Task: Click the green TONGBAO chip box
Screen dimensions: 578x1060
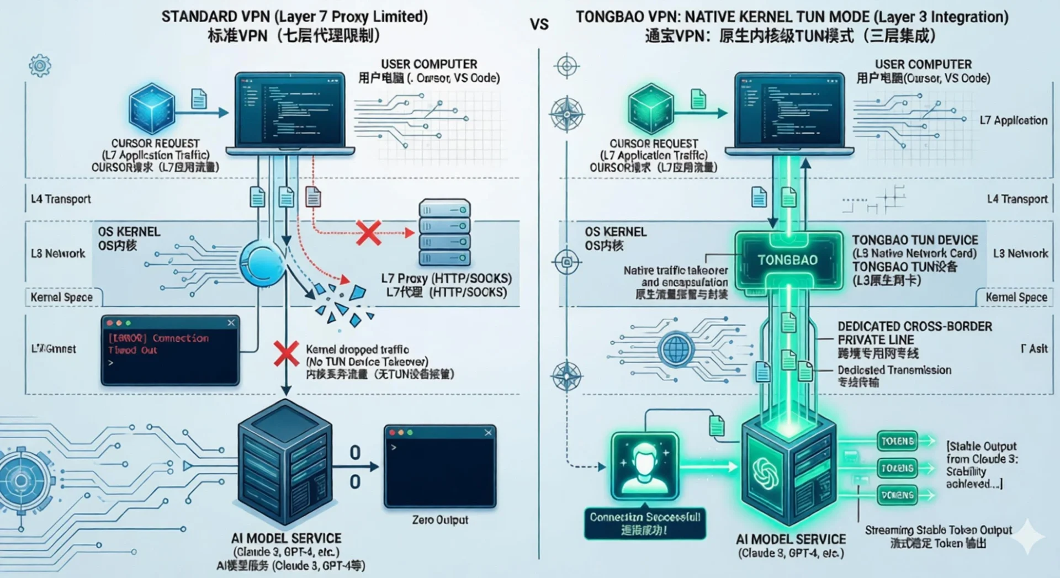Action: point(788,260)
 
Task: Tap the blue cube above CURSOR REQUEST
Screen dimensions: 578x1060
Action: point(151,109)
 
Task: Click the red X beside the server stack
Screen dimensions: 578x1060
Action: point(368,232)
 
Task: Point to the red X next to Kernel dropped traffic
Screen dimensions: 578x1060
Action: point(286,353)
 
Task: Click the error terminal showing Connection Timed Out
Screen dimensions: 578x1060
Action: point(170,350)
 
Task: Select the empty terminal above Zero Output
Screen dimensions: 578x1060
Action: point(440,466)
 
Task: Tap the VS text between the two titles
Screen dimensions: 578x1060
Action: point(539,24)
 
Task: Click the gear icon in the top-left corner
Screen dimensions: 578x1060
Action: point(40,66)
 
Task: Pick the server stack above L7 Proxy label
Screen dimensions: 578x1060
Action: point(444,233)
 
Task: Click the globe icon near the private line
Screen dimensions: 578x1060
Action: point(677,349)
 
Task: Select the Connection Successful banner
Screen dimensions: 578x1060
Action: point(645,523)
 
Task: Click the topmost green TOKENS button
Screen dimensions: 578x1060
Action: point(898,441)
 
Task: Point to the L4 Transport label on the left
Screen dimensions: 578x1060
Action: point(61,199)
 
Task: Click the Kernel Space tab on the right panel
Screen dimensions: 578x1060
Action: point(1016,298)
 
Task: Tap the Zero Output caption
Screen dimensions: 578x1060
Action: point(440,520)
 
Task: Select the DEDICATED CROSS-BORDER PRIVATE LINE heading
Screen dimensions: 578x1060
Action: point(914,333)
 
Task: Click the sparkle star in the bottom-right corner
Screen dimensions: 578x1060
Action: point(1027,536)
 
